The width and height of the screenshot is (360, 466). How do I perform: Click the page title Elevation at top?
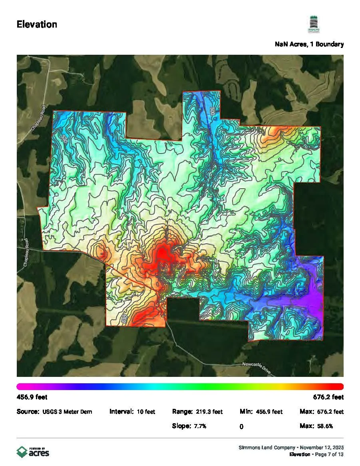pyautogui.click(x=37, y=24)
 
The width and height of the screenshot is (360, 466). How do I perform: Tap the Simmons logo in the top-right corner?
pyautogui.click(x=313, y=25)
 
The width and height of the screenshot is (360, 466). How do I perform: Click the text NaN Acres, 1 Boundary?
pyautogui.click(x=309, y=44)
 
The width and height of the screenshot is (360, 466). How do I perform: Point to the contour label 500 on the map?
pyautogui.click(x=212, y=111)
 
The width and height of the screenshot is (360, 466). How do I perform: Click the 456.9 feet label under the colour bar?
pyautogui.click(x=32, y=397)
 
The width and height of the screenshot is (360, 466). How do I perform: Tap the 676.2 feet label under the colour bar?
pyautogui.click(x=328, y=397)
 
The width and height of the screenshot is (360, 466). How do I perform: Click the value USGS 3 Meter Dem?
pyautogui.click(x=67, y=412)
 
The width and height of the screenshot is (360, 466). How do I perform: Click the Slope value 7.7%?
pyautogui.click(x=200, y=426)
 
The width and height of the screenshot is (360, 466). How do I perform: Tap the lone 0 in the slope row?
pyautogui.click(x=242, y=427)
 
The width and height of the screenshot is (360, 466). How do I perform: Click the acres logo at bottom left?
pyautogui.click(x=33, y=452)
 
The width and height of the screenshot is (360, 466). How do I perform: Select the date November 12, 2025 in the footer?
pyautogui.click(x=324, y=447)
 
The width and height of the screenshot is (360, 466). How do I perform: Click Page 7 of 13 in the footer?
pyautogui.click(x=329, y=454)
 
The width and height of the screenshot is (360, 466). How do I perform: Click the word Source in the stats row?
pyautogui.click(x=28, y=412)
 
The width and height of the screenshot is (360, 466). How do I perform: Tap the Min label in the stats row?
pyautogui.click(x=246, y=412)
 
